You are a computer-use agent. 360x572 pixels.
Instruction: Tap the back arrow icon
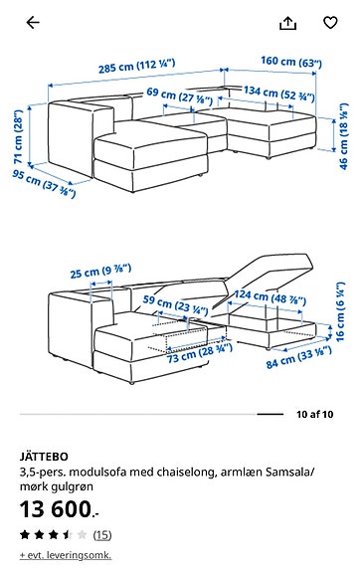32,22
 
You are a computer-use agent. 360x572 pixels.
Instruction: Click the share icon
288,22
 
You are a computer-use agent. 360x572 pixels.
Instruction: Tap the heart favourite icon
331,22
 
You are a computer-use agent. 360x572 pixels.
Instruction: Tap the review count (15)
102,534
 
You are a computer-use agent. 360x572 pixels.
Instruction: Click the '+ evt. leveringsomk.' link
66,555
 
